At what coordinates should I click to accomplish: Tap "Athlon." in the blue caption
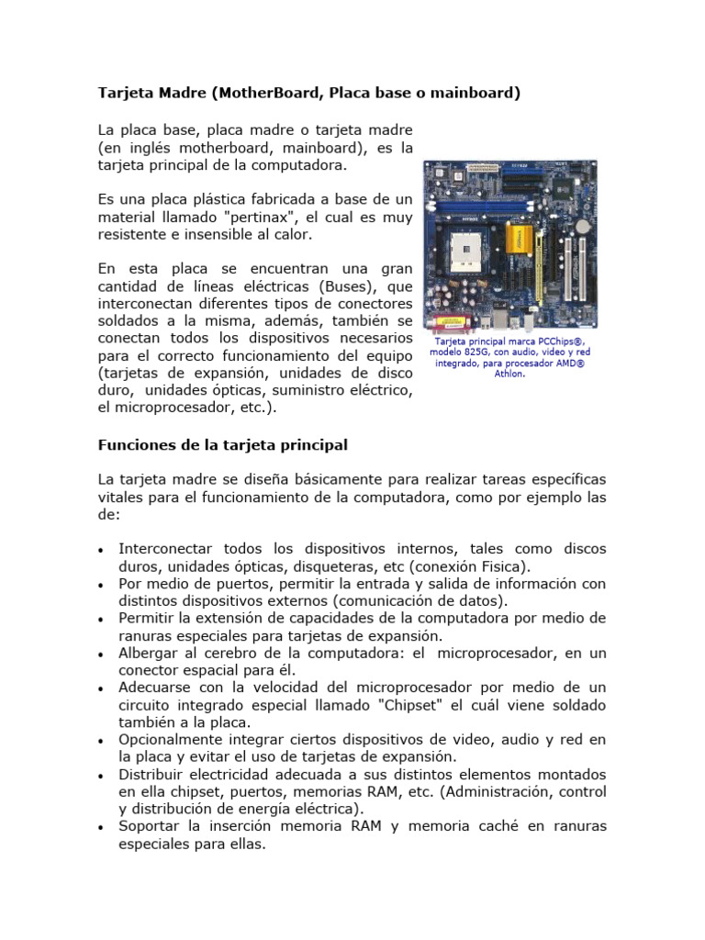(x=509, y=374)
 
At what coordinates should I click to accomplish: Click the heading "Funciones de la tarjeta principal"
(x=222, y=445)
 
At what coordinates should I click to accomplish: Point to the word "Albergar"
(x=148, y=653)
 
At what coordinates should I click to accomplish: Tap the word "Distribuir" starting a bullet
(x=151, y=774)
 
